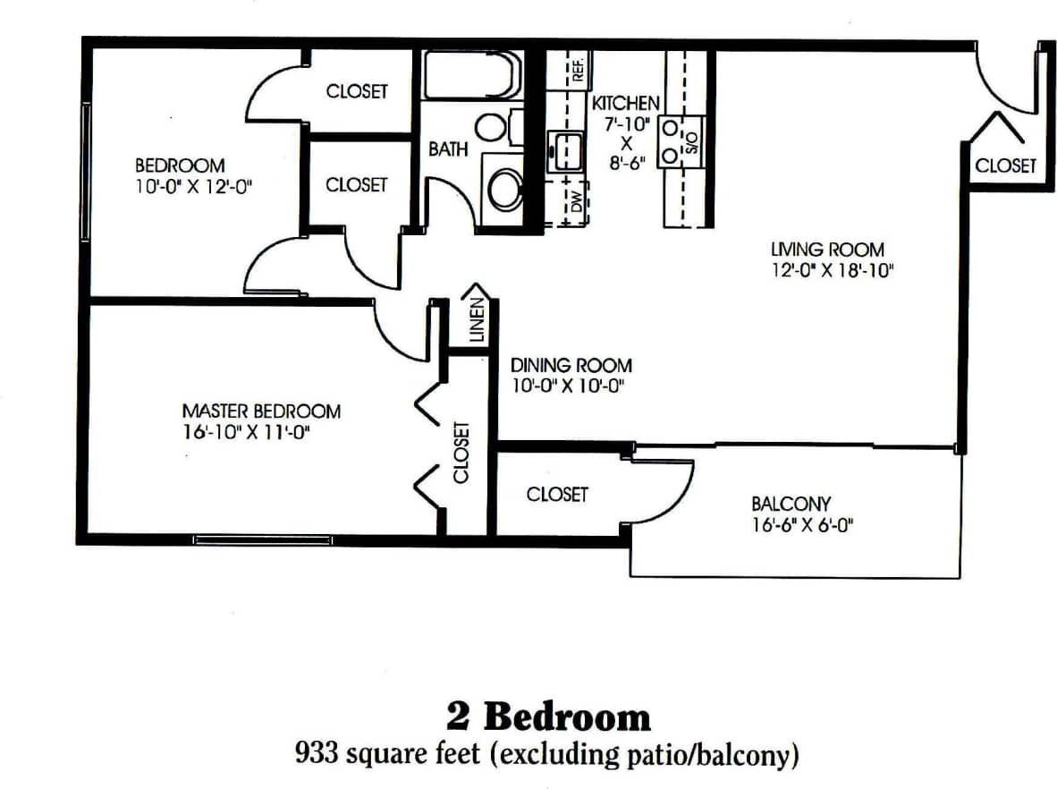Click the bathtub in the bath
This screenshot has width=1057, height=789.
click(471, 75)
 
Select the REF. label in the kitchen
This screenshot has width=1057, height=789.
click(578, 66)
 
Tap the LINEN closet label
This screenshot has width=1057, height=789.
click(477, 320)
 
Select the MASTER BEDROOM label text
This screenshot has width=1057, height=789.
click(261, 411)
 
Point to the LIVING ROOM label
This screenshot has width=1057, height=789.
click(828, 250)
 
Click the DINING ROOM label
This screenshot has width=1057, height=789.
click(571, 365)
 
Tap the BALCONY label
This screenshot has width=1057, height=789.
click(791, 504)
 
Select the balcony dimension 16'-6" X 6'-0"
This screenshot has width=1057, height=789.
click(802, 526)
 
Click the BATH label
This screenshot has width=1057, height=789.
click(448, 149)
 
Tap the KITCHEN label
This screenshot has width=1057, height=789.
click(626, 103)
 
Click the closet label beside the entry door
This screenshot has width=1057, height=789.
click(1005, 165)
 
